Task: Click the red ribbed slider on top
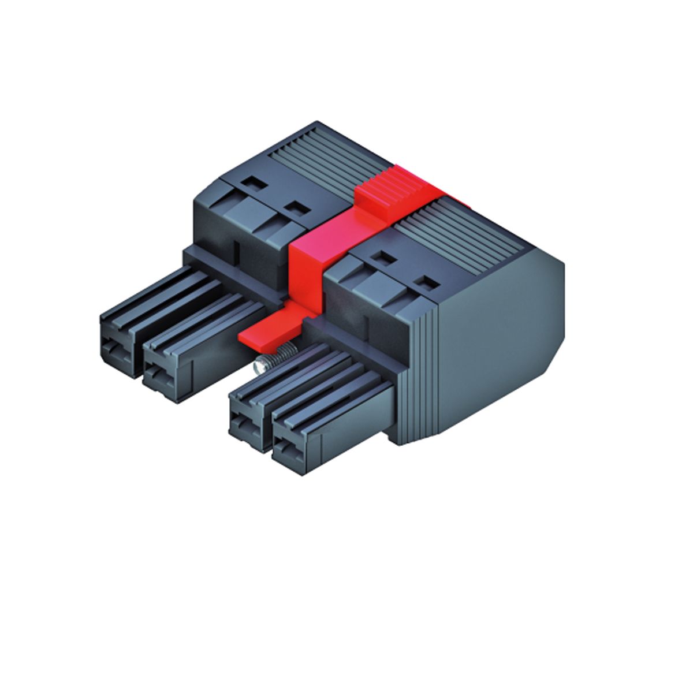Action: [x=393, y=187]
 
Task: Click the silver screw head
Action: [x=262, y=365]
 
